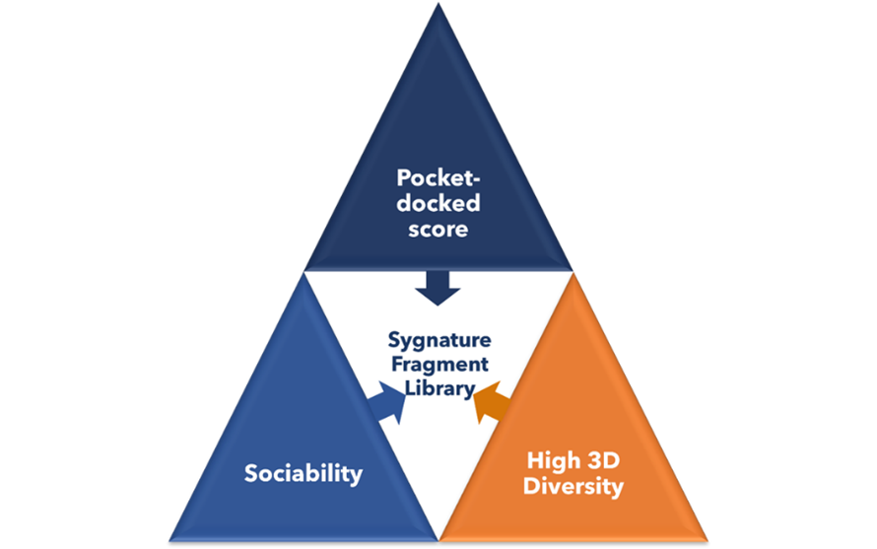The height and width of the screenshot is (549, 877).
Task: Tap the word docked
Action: click(x=438, y=204)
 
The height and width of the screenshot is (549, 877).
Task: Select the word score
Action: click(x=438, y=229)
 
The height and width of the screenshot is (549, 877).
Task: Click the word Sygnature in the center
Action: click(x=438, y=341)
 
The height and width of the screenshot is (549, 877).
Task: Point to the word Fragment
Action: click(x=438, y=365)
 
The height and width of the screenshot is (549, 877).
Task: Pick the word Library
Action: click(x=438, y=389)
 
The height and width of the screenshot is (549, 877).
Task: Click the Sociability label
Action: click(x=304, y=473)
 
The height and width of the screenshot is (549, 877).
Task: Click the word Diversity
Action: click(x=574, y=485)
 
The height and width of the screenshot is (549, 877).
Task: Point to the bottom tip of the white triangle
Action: click(x=438, y=538)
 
